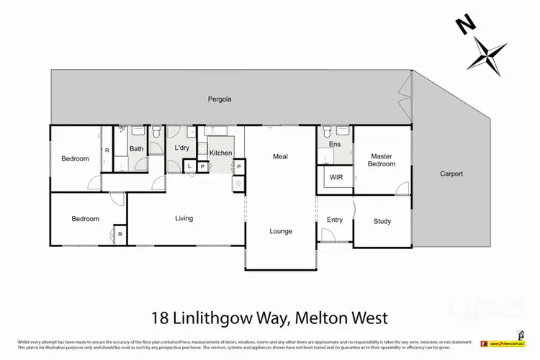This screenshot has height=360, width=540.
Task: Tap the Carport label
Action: tap(452, 174)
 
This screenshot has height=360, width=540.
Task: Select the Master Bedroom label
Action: tap(382, 160)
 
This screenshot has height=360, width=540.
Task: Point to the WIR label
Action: tap(336, 176)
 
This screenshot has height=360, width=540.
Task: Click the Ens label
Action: tap(335, 145)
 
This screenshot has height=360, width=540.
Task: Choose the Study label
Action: tap(382, 221)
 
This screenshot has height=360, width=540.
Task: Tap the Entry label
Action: tap(335, 220)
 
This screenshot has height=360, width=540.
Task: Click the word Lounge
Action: tap(281, 231)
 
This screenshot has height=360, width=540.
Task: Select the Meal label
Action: tap(280, 156)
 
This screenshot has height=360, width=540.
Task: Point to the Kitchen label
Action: tap(221, 153)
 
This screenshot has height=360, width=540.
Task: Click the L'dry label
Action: tap(181, 148)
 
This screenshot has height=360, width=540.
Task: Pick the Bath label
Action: tap(136, 149)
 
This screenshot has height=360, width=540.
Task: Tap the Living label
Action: tap(184, 217)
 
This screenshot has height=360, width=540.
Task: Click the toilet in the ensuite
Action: tap(328, 132)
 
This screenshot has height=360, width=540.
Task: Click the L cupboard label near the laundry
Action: tap(189, 166)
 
